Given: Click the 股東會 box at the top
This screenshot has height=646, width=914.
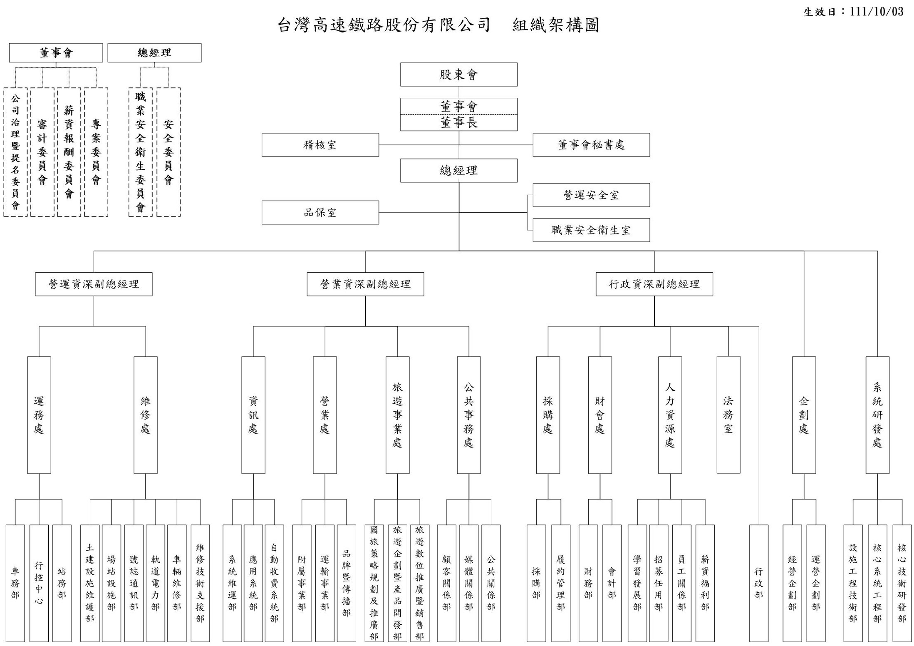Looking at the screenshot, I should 458,75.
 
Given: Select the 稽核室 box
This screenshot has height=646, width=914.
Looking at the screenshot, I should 320,145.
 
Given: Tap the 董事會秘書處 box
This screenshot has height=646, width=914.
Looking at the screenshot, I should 591,145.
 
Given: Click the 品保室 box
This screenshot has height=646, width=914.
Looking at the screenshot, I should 320,213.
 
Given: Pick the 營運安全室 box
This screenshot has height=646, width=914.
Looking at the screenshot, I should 591,195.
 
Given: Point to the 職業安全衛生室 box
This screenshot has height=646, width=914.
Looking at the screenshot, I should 591,230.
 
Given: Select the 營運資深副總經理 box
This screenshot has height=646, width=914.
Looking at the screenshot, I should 94,284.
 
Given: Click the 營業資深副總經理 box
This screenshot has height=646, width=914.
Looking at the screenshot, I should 365,284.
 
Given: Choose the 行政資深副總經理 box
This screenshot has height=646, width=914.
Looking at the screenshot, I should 654,284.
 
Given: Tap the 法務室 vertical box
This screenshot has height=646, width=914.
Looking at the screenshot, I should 728,415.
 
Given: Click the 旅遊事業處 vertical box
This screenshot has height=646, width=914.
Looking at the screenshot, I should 397,415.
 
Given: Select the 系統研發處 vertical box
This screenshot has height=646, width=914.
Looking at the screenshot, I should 877,415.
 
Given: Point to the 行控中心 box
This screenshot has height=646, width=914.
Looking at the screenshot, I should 39,583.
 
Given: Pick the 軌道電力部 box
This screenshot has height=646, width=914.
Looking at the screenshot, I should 155,583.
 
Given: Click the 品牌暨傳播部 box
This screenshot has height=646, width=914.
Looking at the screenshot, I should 346,583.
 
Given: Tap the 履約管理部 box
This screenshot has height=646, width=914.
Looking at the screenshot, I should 560,583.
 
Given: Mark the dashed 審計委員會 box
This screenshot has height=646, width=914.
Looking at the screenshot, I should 42,152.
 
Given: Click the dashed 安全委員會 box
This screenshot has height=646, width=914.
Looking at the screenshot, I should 168,152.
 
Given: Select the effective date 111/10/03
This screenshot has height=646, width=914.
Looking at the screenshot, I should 877,12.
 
